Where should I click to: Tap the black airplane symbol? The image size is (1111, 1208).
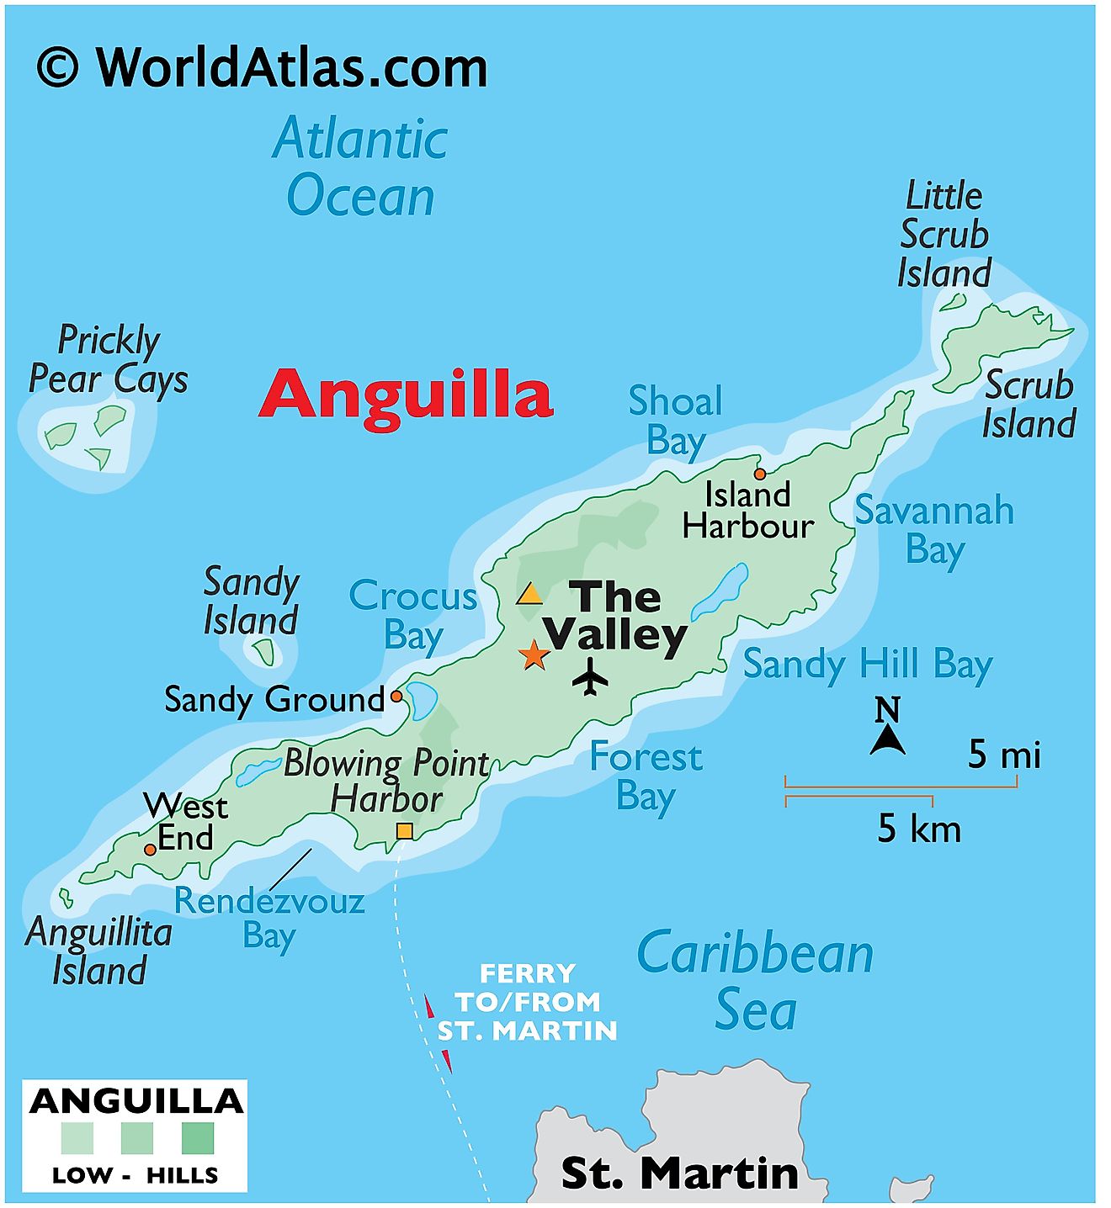591,676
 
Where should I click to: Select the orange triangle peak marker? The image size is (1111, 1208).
529,595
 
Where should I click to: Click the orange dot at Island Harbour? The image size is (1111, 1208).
760,474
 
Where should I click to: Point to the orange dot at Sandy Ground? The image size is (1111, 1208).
396,697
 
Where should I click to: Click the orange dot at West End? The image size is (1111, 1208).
150,850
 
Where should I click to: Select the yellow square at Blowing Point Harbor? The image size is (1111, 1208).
404,831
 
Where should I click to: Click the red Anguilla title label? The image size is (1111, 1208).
406,395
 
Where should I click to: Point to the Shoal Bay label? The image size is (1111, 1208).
675,421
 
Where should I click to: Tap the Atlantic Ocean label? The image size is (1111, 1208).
360,167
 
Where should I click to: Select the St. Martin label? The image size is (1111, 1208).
679,1172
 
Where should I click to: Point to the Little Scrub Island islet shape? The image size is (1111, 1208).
954,301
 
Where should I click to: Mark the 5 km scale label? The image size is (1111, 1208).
919,829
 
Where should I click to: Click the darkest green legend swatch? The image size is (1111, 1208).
198,1137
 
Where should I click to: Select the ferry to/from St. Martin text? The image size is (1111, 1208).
528,1002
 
